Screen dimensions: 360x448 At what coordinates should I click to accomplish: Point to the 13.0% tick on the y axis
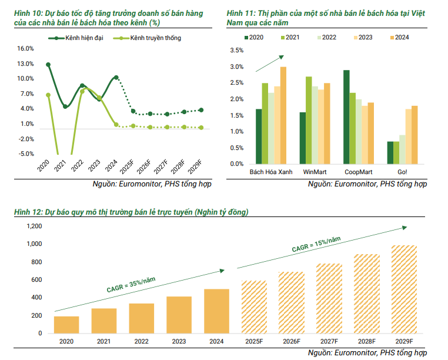click(26, 64)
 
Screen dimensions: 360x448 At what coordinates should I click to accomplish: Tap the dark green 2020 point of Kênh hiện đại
click(48, 65)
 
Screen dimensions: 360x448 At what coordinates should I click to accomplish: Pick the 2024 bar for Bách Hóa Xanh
click(283, 115)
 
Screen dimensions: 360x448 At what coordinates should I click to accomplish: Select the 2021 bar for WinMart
click(309, 120)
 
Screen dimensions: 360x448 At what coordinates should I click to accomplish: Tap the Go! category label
click(403, 172)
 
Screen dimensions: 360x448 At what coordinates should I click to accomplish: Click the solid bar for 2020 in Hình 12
click(66, 325)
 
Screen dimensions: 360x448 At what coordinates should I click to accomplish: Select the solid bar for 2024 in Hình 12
click(217, 311)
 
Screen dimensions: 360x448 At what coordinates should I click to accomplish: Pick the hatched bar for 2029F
click(404, 289)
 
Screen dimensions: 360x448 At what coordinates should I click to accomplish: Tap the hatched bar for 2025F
click(255, 307)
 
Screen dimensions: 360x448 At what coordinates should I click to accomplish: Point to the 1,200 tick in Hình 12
click(35, 226)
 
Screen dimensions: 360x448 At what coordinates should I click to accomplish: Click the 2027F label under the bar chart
click(329, 341)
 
